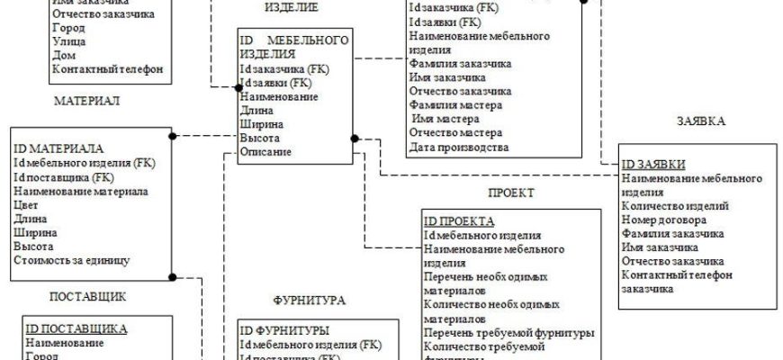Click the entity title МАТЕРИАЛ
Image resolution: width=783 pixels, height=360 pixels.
click(86, 101)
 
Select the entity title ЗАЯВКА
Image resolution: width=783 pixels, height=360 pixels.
click(701, 121)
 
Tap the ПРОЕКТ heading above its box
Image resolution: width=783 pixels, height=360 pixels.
click(511, 193)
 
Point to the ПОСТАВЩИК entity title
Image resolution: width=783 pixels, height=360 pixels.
click(87, 295)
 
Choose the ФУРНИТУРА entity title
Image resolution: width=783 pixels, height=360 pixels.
click(310, 300)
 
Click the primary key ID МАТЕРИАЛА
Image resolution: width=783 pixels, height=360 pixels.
click(58, 148)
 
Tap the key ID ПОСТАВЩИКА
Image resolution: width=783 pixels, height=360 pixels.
click(76, 328)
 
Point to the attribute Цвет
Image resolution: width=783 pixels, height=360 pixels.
click(25, 204)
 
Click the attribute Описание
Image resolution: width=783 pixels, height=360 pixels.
click(265, 152)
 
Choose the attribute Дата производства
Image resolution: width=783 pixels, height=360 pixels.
click(459, 147)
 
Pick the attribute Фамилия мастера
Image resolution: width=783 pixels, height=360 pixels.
click(454, 105)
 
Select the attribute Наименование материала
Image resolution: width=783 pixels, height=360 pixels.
click(81, 191)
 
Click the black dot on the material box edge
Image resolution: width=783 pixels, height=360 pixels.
click(171, 137)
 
